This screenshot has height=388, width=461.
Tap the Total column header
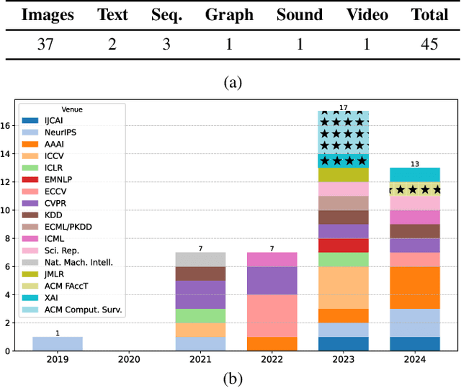[x=429, y=14]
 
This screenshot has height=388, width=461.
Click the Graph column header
[x=229, y=14]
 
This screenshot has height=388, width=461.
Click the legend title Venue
[x=73, y=109]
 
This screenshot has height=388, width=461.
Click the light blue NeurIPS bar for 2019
[x=58, y=344]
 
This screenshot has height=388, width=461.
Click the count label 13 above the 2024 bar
[x=414, y=163]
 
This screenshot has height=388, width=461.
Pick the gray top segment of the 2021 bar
[x=200, y=259]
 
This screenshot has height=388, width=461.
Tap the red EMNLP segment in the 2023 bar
[x=343, y=245]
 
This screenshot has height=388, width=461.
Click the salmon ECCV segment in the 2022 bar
[x=272, y=315]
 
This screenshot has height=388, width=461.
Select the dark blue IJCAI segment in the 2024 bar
[x=414, y=343]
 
